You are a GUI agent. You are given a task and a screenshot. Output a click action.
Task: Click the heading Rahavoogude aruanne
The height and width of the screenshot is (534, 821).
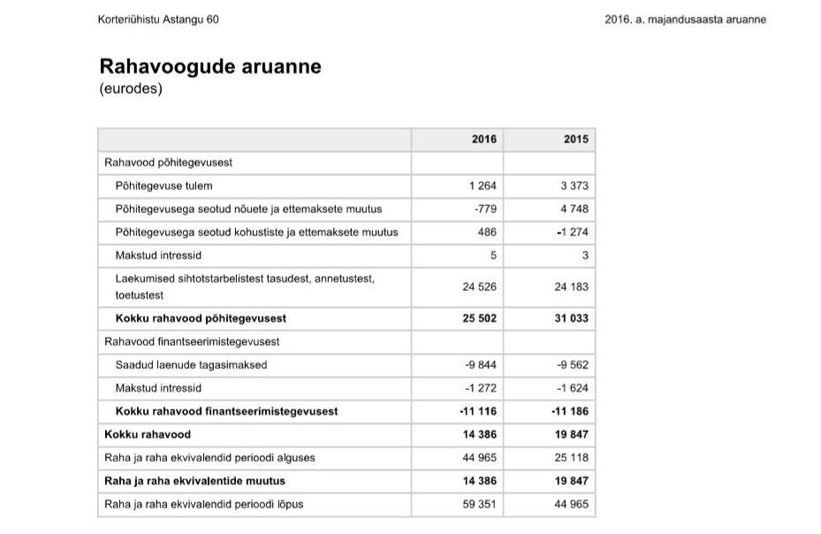[x=210, y=67]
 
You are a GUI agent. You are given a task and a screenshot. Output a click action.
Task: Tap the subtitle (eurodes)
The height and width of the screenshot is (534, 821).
[x=131, y=88]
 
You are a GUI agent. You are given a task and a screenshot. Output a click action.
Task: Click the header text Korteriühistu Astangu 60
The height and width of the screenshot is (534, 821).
[x=158, y=19]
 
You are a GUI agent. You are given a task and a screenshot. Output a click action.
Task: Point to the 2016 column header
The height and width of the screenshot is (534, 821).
[x=484, y=140]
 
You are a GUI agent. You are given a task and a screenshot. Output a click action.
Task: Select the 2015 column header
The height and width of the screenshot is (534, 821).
[x=575, y=140]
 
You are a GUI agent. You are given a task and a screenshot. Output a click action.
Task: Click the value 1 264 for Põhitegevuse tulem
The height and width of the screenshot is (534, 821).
[x=483, y=186]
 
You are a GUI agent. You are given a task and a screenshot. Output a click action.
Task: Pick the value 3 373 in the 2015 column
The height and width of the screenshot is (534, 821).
[x=574, y=186]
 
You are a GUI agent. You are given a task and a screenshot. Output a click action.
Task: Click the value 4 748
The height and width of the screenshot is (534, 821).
[x=574, y=209]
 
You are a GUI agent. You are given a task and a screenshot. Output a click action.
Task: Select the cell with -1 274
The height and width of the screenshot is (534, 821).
[x=572, y=233]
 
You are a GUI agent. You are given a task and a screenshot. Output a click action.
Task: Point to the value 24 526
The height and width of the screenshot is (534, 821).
[x=480, y=286]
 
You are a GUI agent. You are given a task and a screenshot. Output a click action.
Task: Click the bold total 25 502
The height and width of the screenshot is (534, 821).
[x=480, y=318]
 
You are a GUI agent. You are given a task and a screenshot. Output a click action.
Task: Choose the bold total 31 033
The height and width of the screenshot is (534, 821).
[x=572, y=318]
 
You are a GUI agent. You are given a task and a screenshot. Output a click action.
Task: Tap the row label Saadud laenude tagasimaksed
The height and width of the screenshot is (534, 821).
[x=191, y=364]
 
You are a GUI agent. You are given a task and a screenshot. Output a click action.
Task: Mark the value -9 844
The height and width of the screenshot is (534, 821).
[x=481, y=364]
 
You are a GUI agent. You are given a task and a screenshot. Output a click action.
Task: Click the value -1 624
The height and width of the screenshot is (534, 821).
[x=572, y=388]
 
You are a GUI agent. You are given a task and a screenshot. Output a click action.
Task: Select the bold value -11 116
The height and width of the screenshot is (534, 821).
[x=478, y=411]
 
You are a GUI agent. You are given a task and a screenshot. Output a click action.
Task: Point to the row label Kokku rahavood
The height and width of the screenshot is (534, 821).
[x=148, y=434]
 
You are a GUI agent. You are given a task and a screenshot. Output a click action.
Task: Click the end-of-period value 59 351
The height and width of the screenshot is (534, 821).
[x=480, y=505]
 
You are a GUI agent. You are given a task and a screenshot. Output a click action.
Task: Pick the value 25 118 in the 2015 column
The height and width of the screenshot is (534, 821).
[x=572, y=458]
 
